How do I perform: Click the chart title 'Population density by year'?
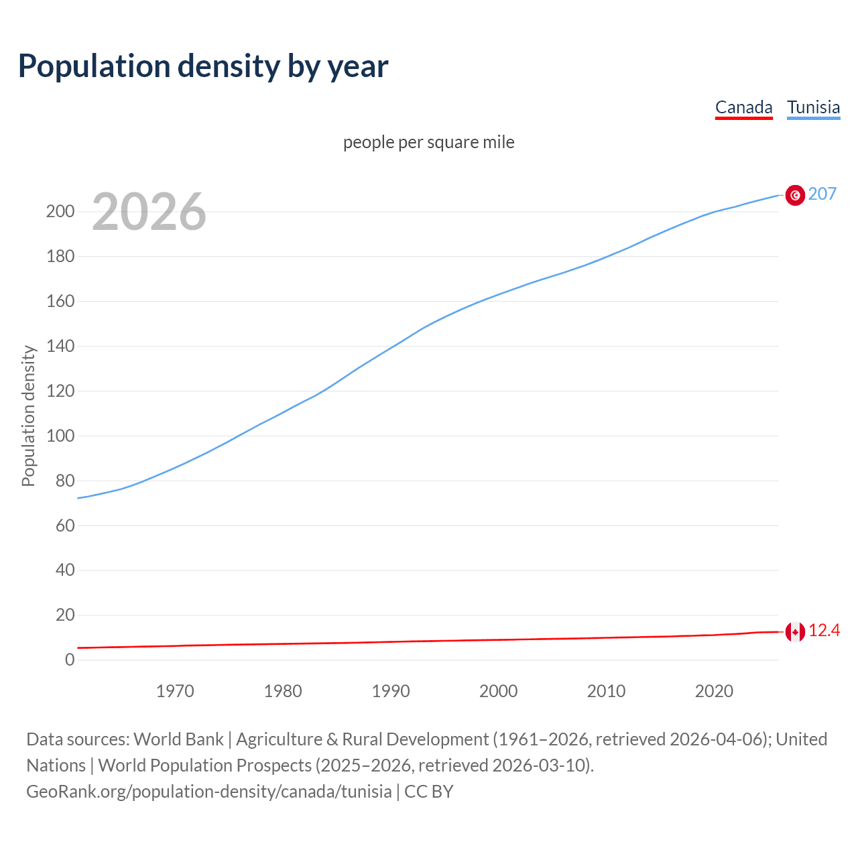pyautogui.click(x=203, y=66)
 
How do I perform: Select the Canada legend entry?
pyautogui.click(x=743, y=107)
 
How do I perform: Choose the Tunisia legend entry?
pyautogui.click(x=813, y=107)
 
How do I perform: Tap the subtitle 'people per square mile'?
pyautogui.click(x=428, y=142)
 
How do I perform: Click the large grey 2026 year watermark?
pyautogui.click(x=149, y=212)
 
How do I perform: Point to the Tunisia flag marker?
pyautogui.click(x=795, y=195)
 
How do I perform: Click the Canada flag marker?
pyautogui.click(x=795, y=631)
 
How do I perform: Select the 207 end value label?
pyautogui.click(x=822, y=194)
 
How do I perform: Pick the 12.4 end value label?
pyautogui.click(x=824, y=631)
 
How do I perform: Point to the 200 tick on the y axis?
pyautogui.click(x=60, y=212)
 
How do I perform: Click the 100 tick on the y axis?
pyautogui.click(x=60, y=436)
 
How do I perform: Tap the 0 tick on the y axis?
pyautogui.click(x=70, y=660)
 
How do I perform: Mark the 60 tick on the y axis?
pyautogui.click(x=64, y=526)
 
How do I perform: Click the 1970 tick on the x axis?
pyautogui.click(x=175, y=691)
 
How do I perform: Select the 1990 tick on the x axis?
pyautogui.click(x=391, y=691)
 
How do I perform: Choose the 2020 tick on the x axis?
pyautogui.click(x=714, y=691)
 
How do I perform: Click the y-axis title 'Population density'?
pyautogui.click(x=28, y=416)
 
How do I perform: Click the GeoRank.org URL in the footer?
pyautogui.click(x=208, y=792)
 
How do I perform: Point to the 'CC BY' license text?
pyautogui.click(x=429, y=792)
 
